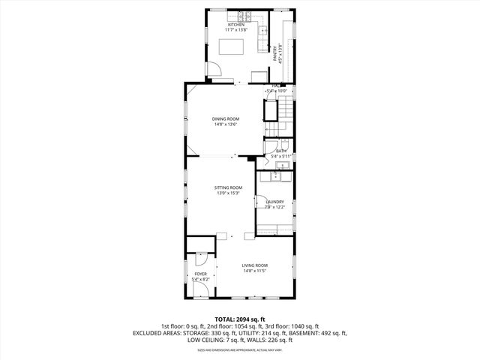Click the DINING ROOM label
pos(225,119)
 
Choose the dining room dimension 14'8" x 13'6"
pos(225,125)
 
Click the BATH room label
pos(281,151)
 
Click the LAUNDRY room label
pos(274,201)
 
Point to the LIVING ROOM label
pos(254,265)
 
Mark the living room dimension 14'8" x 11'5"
pos(254,271)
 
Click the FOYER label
pos(200,274)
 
